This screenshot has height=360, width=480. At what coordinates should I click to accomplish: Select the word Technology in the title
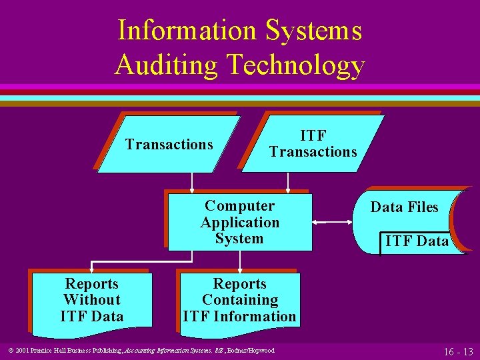(x=296, y=65)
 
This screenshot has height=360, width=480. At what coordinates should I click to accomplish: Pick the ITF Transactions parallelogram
(x=313, y=144)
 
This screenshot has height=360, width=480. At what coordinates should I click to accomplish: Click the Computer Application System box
(x=239, y=222)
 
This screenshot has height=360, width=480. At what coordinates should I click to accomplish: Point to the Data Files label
(x=405, y=207)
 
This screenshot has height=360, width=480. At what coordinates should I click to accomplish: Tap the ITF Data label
(x=417, y=241)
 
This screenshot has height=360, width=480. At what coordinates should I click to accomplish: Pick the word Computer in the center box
(x=239, y=206)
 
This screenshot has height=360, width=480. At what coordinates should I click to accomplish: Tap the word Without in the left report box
(x=92, y=301)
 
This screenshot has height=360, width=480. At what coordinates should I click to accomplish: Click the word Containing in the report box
(x=239, y=301)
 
